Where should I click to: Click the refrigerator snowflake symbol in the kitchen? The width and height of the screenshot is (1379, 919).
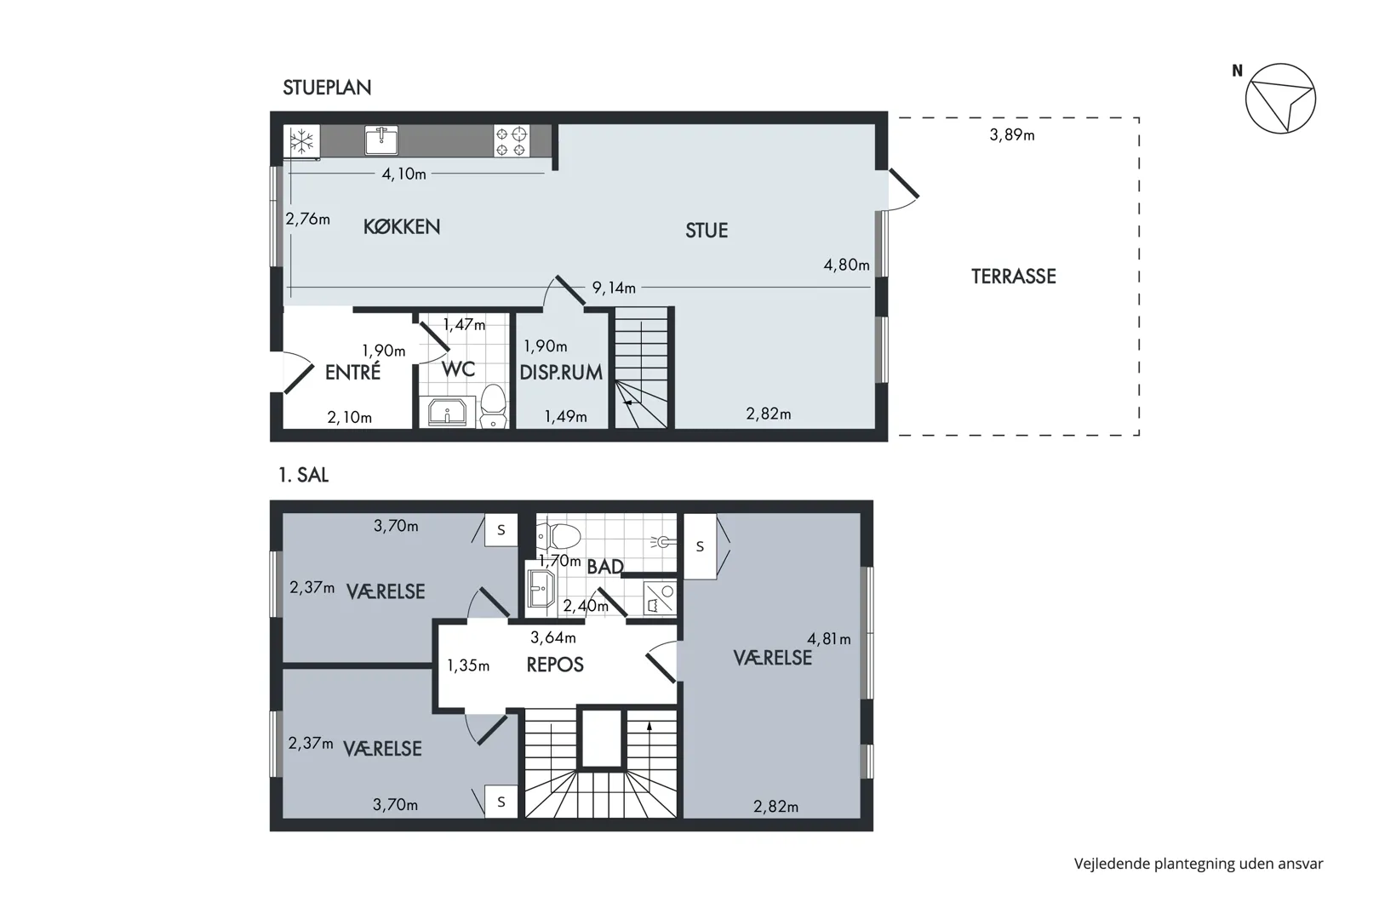(x=301, y=142)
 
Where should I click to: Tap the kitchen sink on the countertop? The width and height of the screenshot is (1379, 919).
(x=381, y=140)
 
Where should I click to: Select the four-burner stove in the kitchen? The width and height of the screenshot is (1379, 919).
(x=512, y=141)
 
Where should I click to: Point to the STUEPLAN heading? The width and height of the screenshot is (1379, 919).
(x=327, y=88)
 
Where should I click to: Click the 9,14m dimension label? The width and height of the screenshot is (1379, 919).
(x=614, y=288)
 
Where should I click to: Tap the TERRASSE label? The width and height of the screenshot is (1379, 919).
(x=1013, y=277)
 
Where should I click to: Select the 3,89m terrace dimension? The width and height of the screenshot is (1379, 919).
(x=1012, y=134)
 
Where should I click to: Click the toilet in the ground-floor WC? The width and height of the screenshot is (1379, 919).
(x=493, y=406)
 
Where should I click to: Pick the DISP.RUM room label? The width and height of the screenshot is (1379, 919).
(x=561, y=373)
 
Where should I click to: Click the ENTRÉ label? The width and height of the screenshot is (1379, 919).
(x=352, y=372)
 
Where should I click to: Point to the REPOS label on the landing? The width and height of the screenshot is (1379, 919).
(x=555, y=665)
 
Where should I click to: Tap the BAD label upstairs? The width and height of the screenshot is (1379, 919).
(x=605, y=567)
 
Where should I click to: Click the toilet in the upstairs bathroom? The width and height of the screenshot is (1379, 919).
(x=559, y=536)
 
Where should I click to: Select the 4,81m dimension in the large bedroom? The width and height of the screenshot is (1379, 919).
(x=828, y=639)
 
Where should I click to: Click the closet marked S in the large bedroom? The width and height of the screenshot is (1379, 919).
(x=700, y=546)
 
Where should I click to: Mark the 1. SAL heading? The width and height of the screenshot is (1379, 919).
(x=304, y=475)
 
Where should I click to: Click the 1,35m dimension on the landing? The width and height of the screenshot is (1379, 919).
(x=468, y=665)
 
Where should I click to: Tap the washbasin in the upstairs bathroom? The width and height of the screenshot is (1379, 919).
(x=541, y=589)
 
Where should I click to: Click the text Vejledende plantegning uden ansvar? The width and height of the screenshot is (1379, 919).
(x=1198, y=865)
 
